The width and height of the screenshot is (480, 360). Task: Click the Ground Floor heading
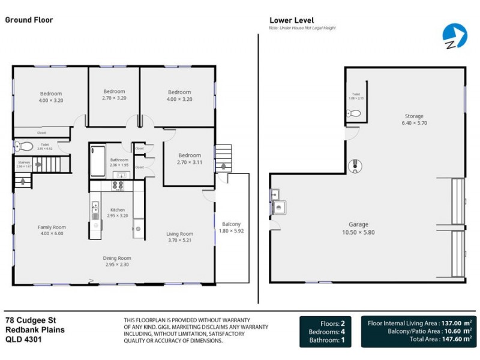[x=29, y=20]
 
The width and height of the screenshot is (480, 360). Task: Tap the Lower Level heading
[x=292, y=20]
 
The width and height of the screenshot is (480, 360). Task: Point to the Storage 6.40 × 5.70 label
[x=414, y=119]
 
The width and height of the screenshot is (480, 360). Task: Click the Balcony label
[x=231, y=227]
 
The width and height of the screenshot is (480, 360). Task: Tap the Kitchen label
[x=117, y=212]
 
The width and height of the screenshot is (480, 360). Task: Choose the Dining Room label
[x=117, y=260]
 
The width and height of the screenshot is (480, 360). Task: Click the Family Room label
[x=52, y=230]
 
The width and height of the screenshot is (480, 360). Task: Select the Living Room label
[x=179, y=237]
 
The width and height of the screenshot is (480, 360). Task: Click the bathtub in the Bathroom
[x=97, y=162]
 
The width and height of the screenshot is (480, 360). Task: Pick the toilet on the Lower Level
[x=355, y=113]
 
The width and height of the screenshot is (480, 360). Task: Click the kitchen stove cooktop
[x=118, y=185]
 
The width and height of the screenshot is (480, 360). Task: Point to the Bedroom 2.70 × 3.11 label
[x=190, y=158]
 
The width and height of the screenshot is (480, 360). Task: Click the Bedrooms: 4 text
[x=327, y=332]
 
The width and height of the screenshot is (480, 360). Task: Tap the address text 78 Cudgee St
[x=31, y=321]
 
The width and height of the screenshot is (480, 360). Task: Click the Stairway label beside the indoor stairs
[x=24, y=164]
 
